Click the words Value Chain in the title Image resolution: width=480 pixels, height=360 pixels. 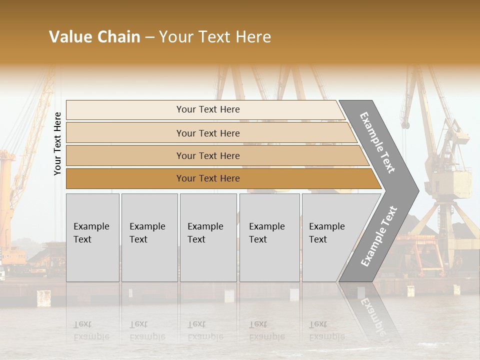(x=94, y=37)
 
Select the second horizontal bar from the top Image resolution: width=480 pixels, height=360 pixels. (x=208, y=133)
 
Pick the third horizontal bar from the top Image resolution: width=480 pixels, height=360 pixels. (x=208, y=155)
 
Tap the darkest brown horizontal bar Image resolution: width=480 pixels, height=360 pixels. (x=208, y=178)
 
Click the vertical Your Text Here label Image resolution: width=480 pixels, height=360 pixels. (x=57, y=143)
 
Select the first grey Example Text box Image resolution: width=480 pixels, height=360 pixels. (x=92, y=237)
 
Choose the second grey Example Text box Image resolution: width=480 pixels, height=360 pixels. (x=149, y=237)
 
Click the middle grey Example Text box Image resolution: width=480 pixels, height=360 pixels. (x=208, y=237)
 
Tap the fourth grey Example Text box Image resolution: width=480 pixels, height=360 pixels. (x=269, y=237)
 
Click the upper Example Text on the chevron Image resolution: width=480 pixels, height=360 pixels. (x=378, y=142)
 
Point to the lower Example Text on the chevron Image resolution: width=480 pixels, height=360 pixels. (x=379, y=236)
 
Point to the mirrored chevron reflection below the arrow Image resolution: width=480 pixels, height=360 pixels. (x=370, y=310)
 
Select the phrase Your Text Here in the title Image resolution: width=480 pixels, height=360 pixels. (x=214, y=37)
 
